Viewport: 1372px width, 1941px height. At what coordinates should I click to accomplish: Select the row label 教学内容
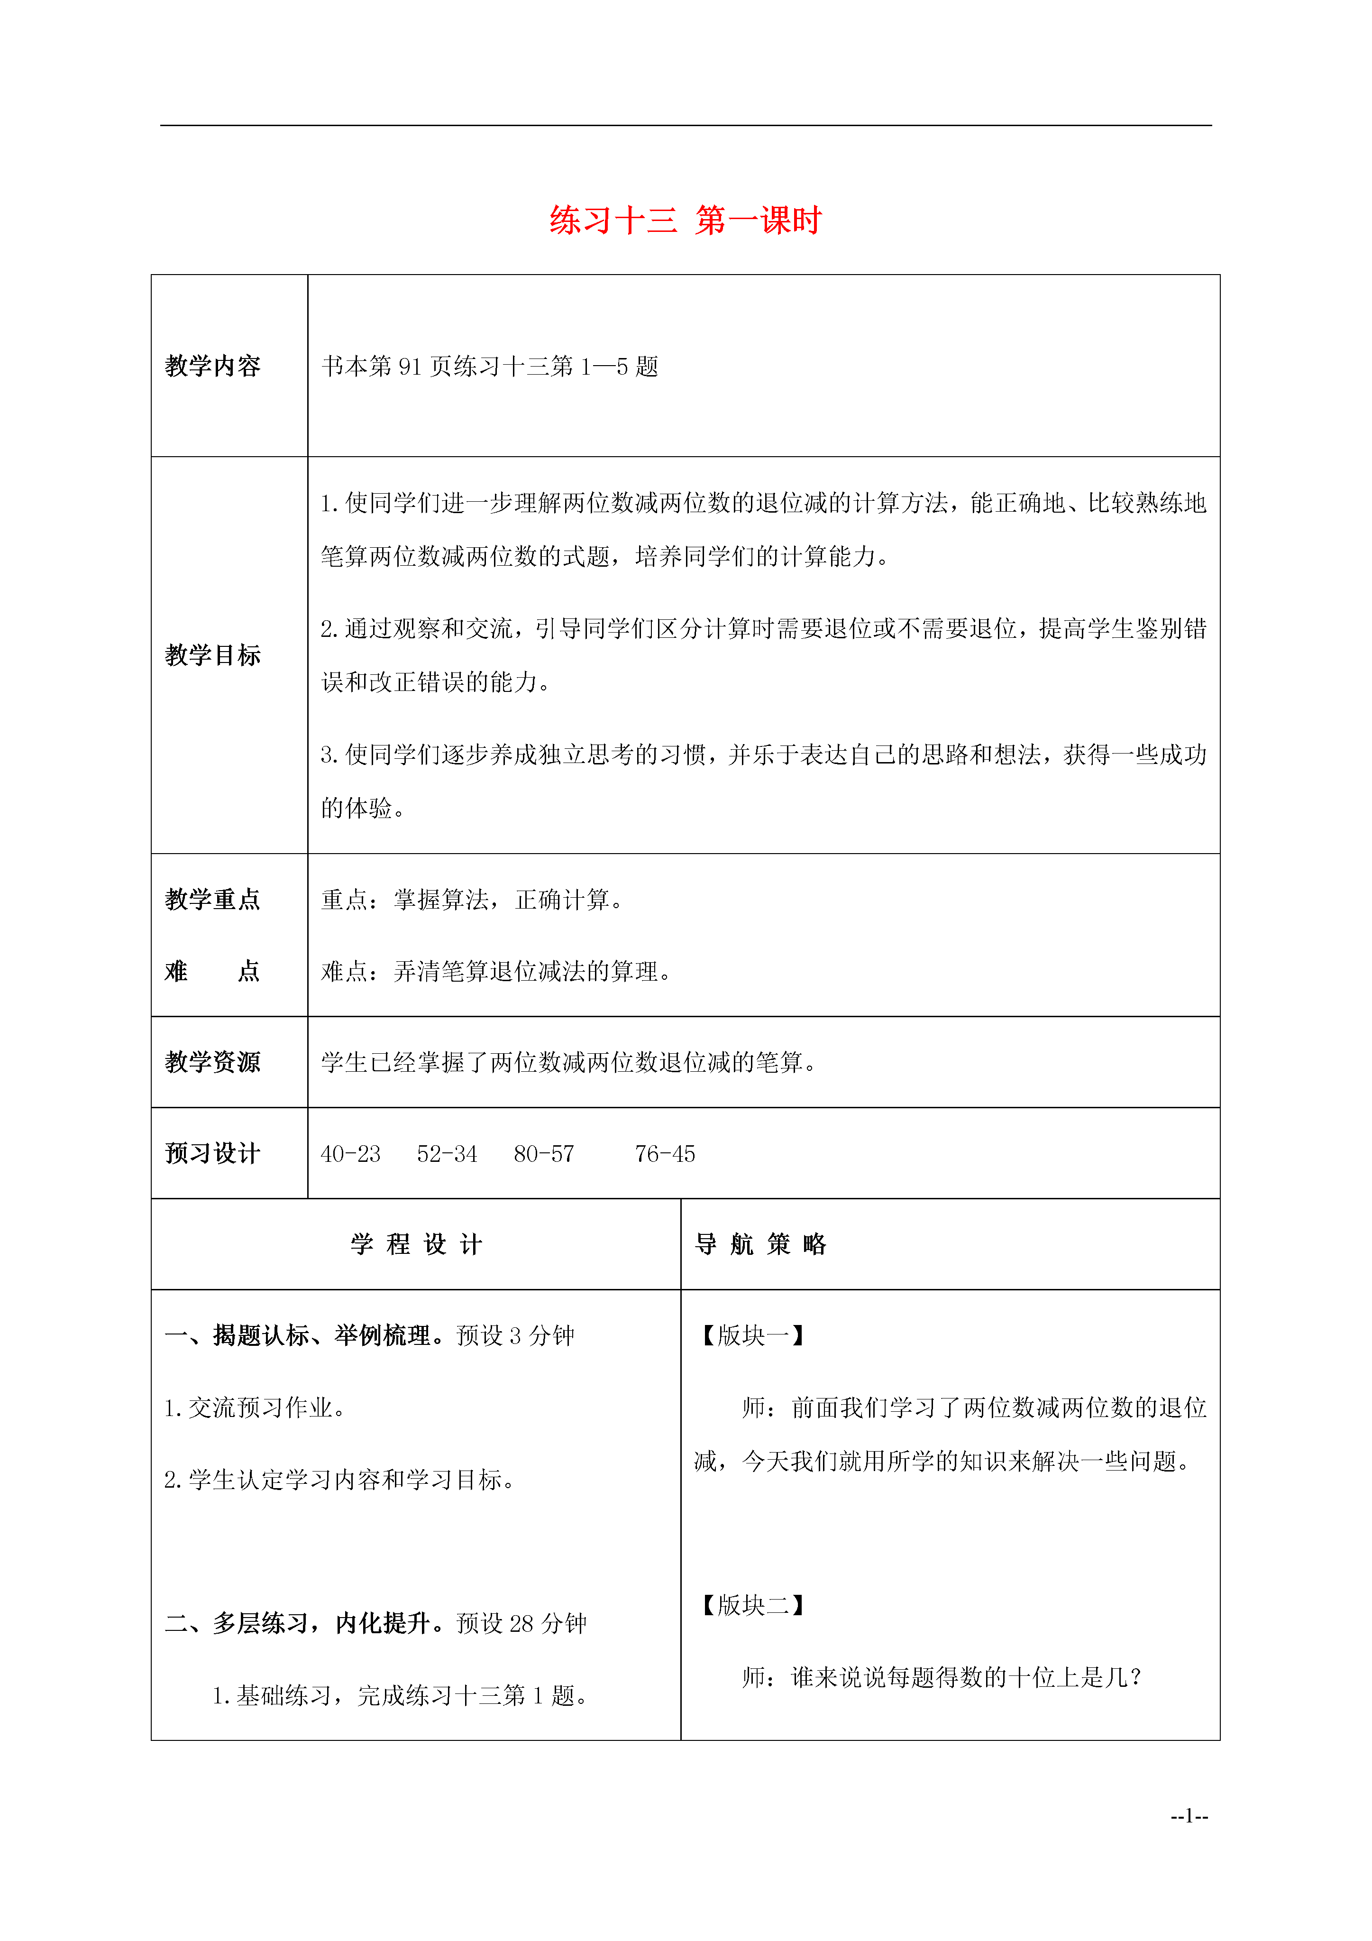(x=212, y=366)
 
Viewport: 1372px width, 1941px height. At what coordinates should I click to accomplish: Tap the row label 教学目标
(x=212, y=655)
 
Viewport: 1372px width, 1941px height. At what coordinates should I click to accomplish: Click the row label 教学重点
(x=212, y=900)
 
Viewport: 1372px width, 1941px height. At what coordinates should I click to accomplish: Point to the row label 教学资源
(x=212, y=1062)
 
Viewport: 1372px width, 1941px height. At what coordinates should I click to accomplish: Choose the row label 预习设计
(x=212, y=1153)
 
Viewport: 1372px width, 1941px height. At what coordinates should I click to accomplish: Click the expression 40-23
(x=351, y=1154)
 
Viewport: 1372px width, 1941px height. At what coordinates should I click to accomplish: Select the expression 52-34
(x=447, y=1154)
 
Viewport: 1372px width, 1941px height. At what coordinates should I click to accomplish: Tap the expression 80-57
(x=544, y=1154)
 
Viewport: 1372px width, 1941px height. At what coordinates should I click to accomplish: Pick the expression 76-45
(x=665, y=1154)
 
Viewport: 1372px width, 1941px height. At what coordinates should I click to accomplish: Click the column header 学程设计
(x=416, y=1244)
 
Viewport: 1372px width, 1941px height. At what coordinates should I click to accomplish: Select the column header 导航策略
(x=761, y=1244)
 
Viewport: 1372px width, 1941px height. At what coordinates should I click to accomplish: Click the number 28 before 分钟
(x=521, y=1623)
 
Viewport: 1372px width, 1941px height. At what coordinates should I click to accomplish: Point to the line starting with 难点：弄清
(x=497, y=971)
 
